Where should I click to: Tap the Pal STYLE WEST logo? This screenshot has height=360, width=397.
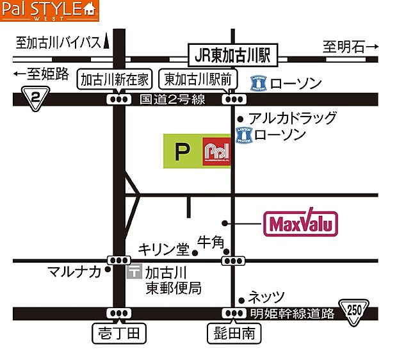coord(50,11)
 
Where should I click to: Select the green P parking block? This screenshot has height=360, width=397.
coord(182,151)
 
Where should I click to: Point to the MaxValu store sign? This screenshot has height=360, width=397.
coord(300,224)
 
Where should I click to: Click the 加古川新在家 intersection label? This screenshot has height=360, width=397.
coord(115,79)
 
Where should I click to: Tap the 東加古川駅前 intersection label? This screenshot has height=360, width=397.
coord(200,79)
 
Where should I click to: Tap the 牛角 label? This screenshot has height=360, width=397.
coord(210,242)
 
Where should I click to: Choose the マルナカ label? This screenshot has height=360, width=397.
coord(74,272)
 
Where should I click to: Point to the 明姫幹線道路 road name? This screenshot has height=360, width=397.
coord(293,313)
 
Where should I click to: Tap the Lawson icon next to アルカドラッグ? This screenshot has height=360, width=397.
coord(243,135)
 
